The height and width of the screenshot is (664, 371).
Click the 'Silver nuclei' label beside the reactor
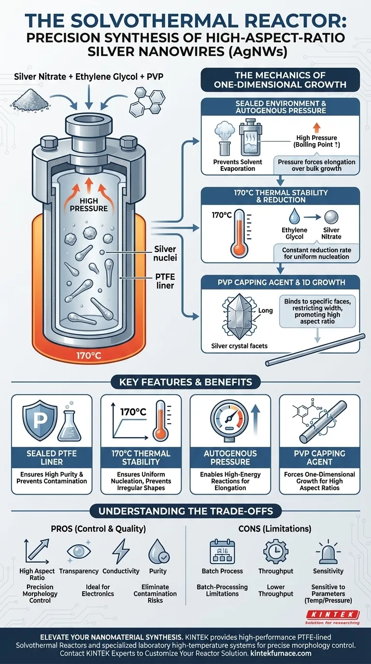(x=165, y=253)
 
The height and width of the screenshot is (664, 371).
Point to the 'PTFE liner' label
(x=165, y=281)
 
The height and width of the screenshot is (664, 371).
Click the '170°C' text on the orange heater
(x=89, y=355)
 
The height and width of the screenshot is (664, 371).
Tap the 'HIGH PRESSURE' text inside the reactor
(x=89, y=205)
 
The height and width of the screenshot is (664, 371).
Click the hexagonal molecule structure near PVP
(x=147, y=101)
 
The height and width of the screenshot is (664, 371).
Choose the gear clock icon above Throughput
(x=276, y=551)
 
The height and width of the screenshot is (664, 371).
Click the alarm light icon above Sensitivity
(x=328, y=552)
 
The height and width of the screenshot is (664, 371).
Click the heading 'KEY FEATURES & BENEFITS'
(x=185, y=382)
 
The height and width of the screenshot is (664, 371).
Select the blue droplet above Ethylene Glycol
(x=294, y=216)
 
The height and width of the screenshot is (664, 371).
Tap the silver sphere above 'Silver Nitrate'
(x=331, y=217)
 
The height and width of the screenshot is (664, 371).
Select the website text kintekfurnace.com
(x=281, y=653)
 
